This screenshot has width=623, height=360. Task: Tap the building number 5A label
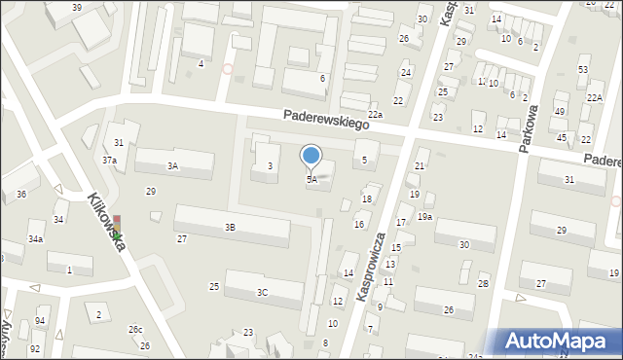coord(311,179)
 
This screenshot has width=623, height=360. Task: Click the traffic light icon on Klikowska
coord(117,228)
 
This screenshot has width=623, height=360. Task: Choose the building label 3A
coord(172,166)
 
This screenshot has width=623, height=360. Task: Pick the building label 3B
coord(230,227)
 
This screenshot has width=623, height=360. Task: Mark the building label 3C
coord(262,292)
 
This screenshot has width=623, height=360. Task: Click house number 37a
coord(110,160)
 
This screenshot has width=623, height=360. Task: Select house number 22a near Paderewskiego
coord(375,115)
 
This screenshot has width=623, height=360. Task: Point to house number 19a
coord(425,216)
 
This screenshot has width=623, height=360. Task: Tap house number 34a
coord(35,238)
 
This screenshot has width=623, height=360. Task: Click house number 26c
coord(135,330)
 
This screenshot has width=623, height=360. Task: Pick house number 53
coord(583,70)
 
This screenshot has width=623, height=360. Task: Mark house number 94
coord(40,321)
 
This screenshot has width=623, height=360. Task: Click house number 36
coord(20,195)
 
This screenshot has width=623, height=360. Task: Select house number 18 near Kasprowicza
coord(367,199)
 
